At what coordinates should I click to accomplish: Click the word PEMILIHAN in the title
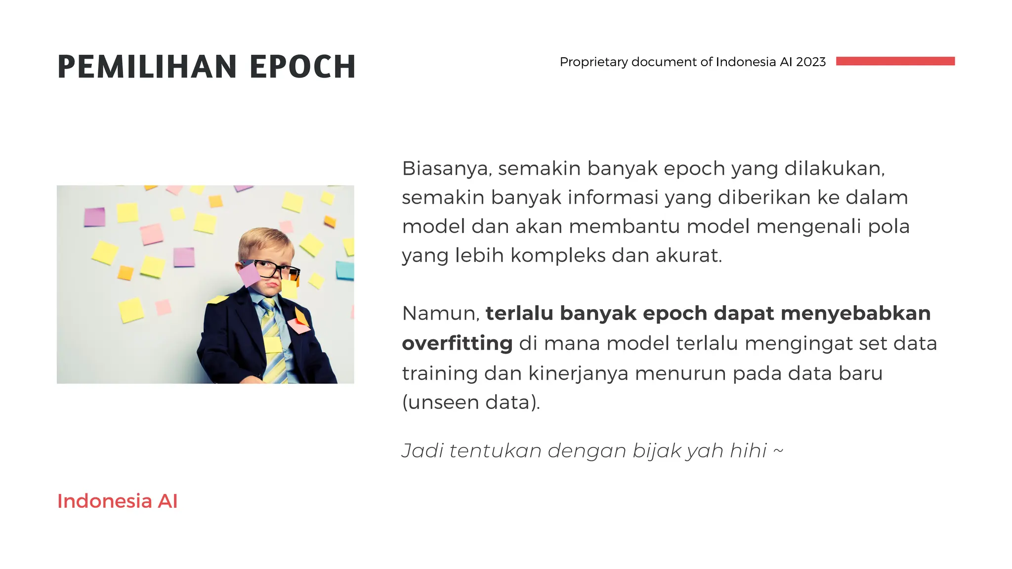click(148, 67)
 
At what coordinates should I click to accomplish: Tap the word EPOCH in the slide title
click(302, 67)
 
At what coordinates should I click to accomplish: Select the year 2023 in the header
click(810, 62)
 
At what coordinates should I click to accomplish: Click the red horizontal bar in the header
click(895, 61)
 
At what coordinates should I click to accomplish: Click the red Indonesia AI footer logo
click(117, 501)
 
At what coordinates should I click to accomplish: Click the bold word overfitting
click(457, 343)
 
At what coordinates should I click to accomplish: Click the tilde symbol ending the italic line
click(778, 450)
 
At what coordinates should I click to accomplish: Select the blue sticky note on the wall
click(345, 270)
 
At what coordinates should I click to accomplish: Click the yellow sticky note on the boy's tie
click(272, 344)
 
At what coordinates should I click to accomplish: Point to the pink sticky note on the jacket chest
click(298, 325)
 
